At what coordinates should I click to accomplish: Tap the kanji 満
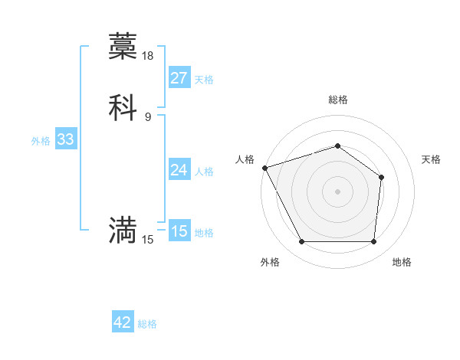[x=123, y=229]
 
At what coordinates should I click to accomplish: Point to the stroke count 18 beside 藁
[x=148, y=56]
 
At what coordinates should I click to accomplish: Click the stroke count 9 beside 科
[x=148, y=116]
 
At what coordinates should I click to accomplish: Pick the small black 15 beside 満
[x=148, y=240]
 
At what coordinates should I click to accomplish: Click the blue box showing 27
[x=179, y=78]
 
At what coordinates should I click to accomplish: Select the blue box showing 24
[x=179, y=170]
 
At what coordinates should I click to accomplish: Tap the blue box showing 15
[x=179, y=231]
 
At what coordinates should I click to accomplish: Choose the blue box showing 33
[x=65, y=139]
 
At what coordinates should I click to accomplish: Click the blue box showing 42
[x=123, y=322]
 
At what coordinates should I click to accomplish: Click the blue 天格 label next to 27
[x=204, y=79]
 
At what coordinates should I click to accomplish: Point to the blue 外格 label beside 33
[x=41, y=140]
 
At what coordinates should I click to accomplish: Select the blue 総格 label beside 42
[x=148, y=324]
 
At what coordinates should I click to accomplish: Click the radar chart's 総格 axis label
[x=337, y=100]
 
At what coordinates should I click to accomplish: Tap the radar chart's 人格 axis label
[x=245, y=159]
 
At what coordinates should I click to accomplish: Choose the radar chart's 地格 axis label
[x=402, y=262]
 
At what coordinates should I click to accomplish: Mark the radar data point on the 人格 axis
[x=264, y=168]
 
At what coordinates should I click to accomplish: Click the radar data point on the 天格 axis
[x=382, y=177]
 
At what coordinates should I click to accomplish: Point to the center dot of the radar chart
[x=337, y=191]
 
